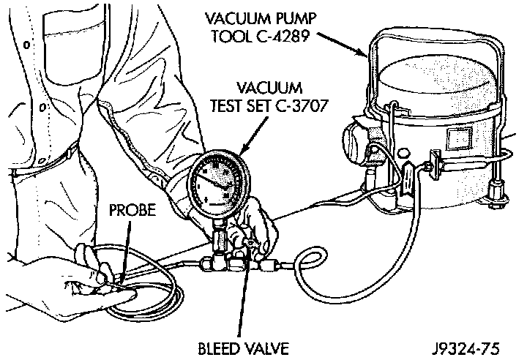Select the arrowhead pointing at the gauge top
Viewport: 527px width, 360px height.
coord(241,152)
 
